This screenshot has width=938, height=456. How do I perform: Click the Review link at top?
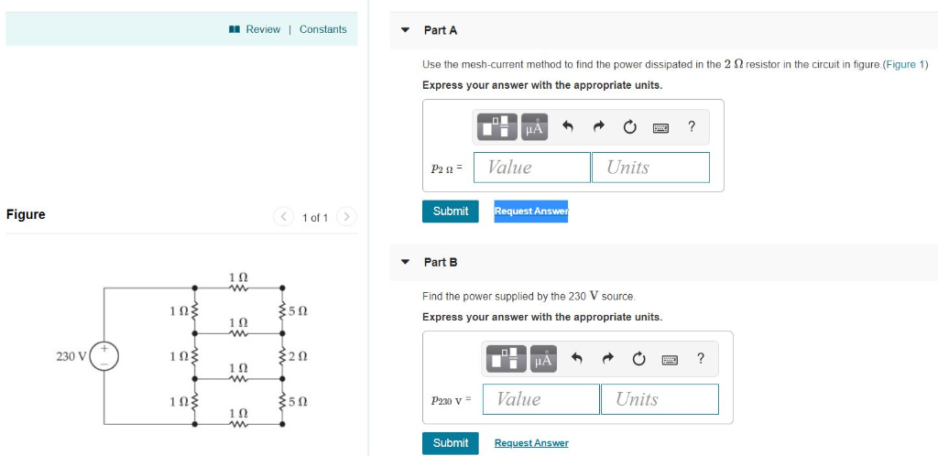point(262,29)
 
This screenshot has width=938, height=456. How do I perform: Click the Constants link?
point(323,29)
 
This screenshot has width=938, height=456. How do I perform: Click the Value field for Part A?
point(532,167)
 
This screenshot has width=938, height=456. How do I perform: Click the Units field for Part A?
point(650,167)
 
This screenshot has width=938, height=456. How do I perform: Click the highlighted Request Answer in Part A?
point(530,212)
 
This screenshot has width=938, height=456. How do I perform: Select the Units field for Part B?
point(660,399)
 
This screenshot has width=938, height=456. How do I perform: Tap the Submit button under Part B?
point(451,443)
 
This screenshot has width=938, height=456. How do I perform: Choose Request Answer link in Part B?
point(531,443)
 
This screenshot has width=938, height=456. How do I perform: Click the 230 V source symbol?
point(104,355)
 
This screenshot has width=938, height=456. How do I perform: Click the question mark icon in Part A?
point(692,127)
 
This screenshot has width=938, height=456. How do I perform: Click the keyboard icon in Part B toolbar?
point(669,359)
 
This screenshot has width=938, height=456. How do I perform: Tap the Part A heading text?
point(441,30)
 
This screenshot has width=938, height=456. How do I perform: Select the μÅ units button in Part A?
point(535,127)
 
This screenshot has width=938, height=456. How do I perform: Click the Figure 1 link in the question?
point(905,64)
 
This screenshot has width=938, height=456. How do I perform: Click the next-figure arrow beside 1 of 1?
point(345,217)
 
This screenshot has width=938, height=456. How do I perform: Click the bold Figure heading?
point(26,214)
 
